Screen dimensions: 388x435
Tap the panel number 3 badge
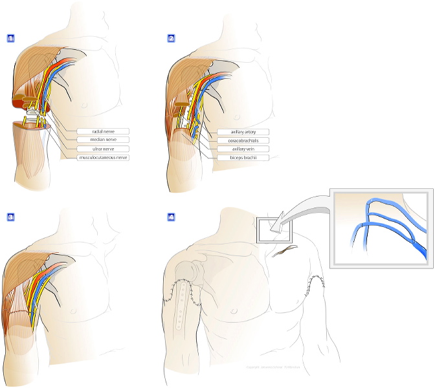tap(9, 216)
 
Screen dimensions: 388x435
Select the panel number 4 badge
tap(171, 216)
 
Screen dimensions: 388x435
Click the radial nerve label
tap(102, 131)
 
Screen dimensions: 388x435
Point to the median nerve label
tap(102, 140)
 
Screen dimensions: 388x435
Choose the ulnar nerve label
tap(102, 149)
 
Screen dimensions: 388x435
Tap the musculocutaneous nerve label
tap(102, 157)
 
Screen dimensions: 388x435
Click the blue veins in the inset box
tap(382, 223)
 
